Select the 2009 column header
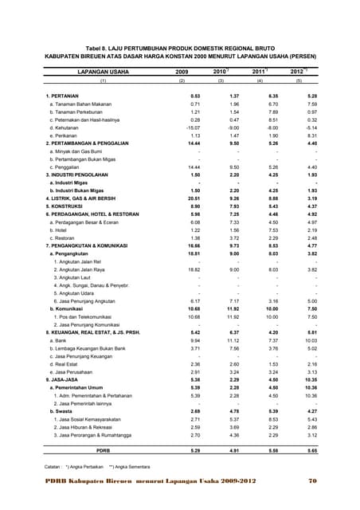tap(182, 72)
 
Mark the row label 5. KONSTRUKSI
tap(65, 205)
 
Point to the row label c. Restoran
tap(63, 237)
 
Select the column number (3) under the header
tap(221, 81)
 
